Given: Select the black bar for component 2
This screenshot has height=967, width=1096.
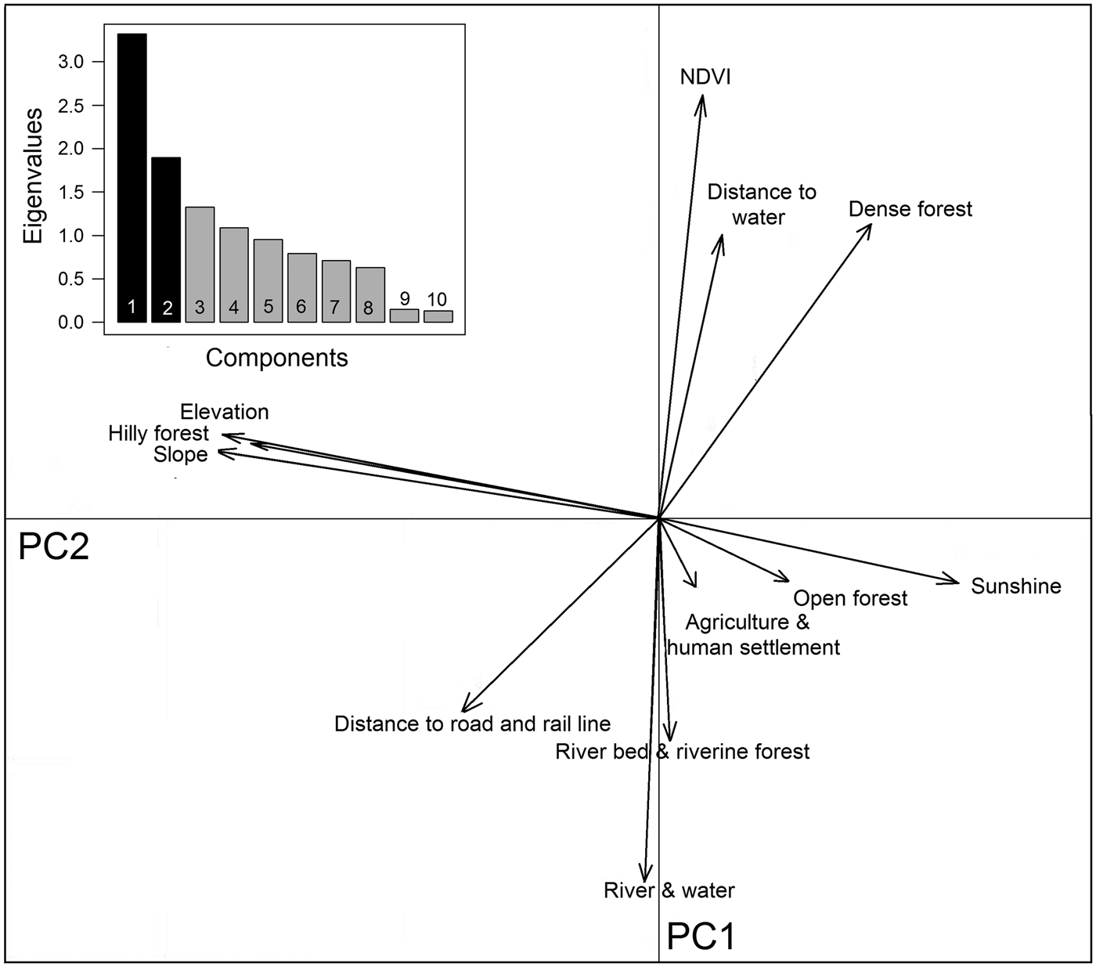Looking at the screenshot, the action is (166, 240).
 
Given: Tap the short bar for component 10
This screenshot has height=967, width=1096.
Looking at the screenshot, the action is (438, 316).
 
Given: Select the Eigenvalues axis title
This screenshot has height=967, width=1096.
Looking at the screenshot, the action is (32, 177).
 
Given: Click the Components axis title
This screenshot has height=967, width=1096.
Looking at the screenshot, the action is (276, 358).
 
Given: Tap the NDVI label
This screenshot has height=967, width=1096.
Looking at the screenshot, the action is (705, 77).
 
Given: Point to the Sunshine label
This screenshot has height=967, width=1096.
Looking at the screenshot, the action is (1015, 586).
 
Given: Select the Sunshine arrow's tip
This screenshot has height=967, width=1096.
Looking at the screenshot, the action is (957, 581).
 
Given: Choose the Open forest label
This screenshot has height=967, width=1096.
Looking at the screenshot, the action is (850, 598).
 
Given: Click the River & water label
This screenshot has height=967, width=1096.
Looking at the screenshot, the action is (669, 890).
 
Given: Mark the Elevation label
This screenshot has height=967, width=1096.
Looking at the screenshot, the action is (224, 412).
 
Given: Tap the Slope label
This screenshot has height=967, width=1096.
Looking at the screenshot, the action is (181, 455).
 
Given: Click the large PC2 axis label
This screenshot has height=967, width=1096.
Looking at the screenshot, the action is (53, 547).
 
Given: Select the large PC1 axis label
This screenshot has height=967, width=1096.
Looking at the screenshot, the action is (701, 936).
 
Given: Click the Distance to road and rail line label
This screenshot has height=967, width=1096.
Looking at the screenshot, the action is (472, 723).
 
